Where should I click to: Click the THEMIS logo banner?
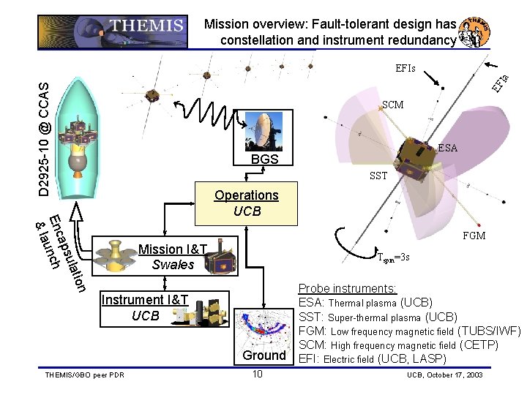click(x=111, y=25)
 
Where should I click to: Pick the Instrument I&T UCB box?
click(x=145, y=307)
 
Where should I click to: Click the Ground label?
click(x=264, y=355)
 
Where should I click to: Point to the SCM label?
click(x=392, y=105)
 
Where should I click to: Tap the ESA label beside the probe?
click(x=447, y=148)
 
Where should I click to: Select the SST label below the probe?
click(x=378, y=176)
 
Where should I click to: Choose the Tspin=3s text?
click(x=398, y=257)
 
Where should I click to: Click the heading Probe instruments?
click(x=347, y=289)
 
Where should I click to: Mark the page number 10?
click(x=257, y=375)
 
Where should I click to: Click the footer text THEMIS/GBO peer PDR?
click(x=81, y=376)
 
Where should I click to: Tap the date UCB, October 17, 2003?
click(x=445, y=375)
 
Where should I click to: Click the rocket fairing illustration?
click(x=80, y=132)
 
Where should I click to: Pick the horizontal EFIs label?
click(x=405, y=69)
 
